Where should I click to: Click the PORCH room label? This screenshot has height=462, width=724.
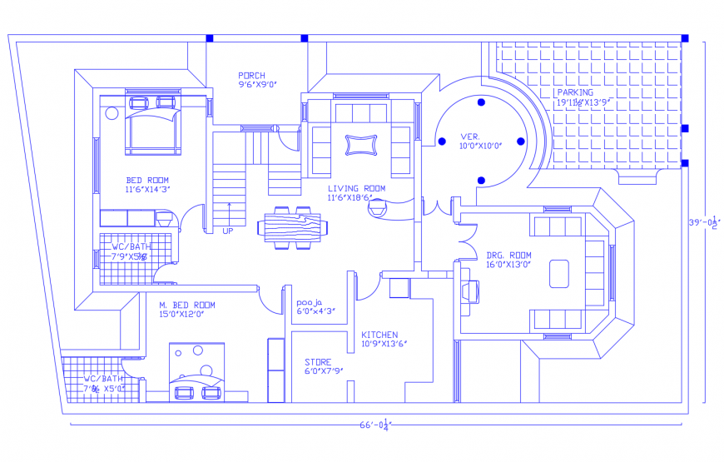tap(251, 76)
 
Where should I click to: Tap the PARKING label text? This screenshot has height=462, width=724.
tap(575, 92)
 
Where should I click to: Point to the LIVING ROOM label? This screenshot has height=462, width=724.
tap(356, 189)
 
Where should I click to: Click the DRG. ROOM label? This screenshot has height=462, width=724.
tap(509, 255)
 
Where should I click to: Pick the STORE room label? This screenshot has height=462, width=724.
tap(318, 362)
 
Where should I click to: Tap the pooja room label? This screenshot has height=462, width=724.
tap(310, 301)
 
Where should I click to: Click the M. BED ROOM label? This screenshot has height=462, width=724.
tap(187, 305)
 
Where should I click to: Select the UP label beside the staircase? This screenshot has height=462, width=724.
tap(228, 231)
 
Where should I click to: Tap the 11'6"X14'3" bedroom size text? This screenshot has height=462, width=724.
tap(147, 190)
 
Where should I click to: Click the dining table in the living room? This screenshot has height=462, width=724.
tap(290, 226)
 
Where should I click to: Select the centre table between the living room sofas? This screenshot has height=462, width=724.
tap(360, 146)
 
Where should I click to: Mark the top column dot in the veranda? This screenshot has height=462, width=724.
tap(481, 102)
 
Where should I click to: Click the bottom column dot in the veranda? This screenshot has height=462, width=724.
tap(481, 180)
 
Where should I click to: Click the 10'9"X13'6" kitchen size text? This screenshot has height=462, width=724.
tap(384, 344)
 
